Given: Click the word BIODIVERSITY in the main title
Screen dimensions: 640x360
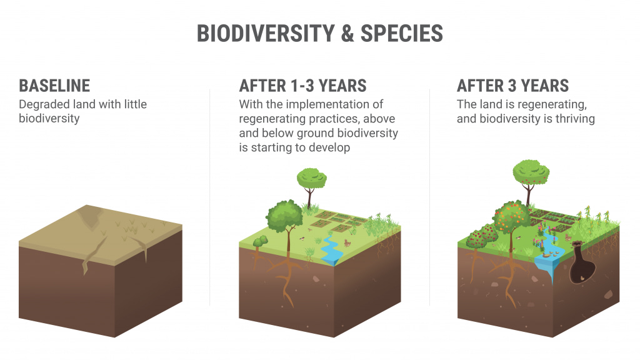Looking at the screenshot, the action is point(266,34).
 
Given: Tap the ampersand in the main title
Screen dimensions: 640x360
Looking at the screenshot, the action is point(347,34).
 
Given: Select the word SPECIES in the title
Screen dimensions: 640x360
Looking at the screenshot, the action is point(402,34).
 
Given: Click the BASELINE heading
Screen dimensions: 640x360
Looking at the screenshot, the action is point(54,86).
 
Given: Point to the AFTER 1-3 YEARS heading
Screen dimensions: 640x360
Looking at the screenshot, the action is point(303,86).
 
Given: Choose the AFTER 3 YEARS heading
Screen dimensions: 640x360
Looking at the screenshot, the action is point(512,86).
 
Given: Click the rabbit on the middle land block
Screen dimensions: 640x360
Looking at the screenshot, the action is point(347,243).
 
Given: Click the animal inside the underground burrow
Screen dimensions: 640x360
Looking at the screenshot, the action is point(582,278).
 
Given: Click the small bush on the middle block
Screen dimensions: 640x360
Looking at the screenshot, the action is point(260,241).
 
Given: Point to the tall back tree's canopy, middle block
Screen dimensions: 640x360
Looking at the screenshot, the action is point(311,178).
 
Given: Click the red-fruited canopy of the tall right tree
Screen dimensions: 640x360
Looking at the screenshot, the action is point(531,172).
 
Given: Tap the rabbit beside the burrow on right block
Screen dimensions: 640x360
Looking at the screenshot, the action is point(567,237).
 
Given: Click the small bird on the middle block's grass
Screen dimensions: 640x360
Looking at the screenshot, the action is point(302,238).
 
